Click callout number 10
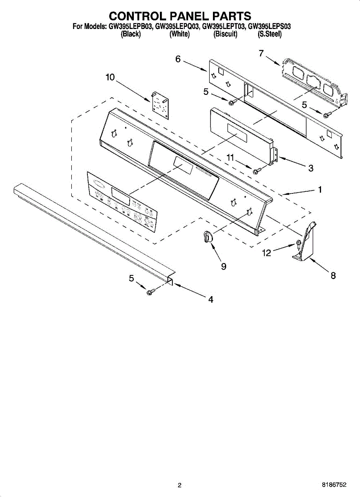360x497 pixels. pyautogui.click(x=110, y=77)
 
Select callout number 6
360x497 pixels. pyautogui.click(x=178, y=59)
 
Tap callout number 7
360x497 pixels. pyautogui.click(x=261, y=53)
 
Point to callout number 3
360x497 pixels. pyautogui.click(x=311, y=168)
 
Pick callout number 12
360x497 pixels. pyautogui.click(x=266, y=252)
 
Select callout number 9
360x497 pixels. pyautogui.click(x=224, y=267)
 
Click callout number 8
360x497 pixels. pyautogui.click(x=333, y=275)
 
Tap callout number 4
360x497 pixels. pyautogui.click(x=211, y=299)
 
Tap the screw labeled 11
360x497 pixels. pyautogui.click(x=256, y=170)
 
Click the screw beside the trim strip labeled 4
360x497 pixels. pyautogui.click(x=150, y=292)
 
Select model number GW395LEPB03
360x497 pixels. pyautogui.click(x=131, y=27)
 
